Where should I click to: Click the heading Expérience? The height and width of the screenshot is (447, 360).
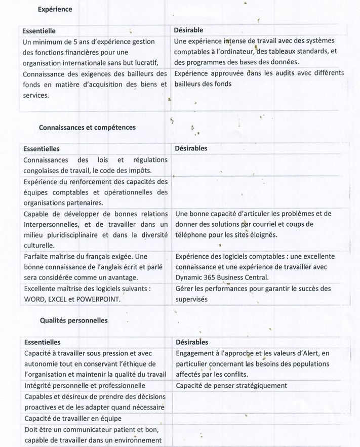(x=55, y=9)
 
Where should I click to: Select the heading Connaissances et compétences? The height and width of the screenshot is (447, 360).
(x=87, y=128)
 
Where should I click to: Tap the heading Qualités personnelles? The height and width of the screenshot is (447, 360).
(x=73, y=320)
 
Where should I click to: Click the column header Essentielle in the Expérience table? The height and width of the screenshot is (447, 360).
(x=39, y=31)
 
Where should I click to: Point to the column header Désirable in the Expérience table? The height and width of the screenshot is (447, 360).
(x=188, y=30)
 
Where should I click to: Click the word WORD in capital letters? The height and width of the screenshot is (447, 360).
(x=34, y=299)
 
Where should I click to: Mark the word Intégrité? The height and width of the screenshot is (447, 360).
(x=38, y=386)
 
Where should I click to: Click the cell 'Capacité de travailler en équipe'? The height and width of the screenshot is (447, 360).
(x=72, y=419)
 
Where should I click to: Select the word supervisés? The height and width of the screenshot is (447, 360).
(x=191, y=299)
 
